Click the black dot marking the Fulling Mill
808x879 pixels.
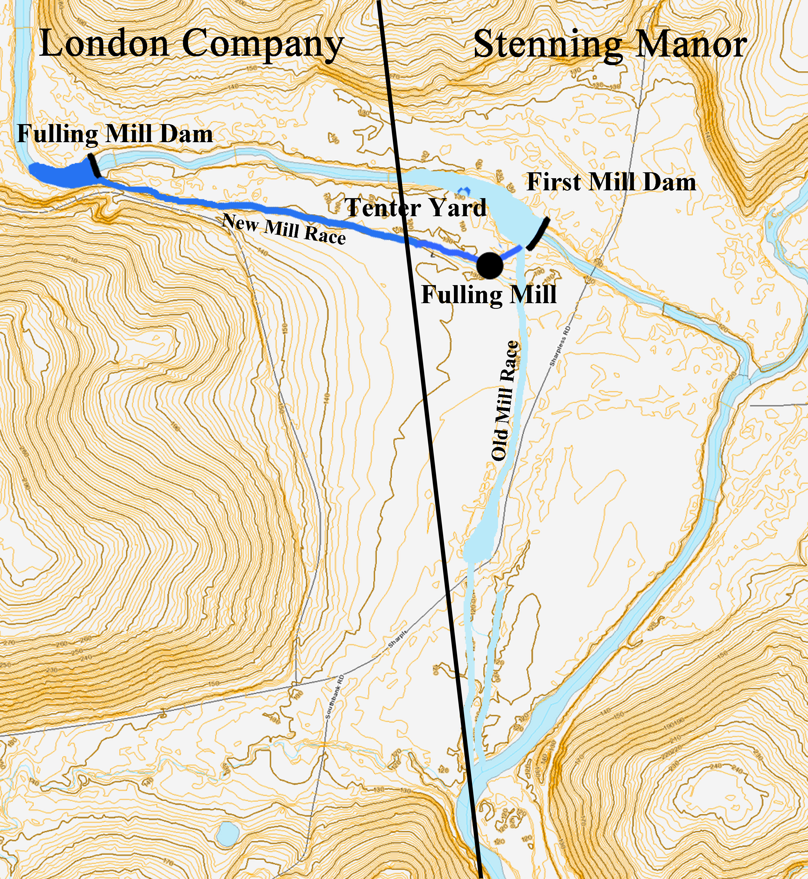[489, 265]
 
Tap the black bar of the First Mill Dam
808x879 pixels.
[538, 234]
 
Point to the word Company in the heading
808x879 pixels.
[262, 45]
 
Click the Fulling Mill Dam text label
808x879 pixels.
[115, 134]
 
